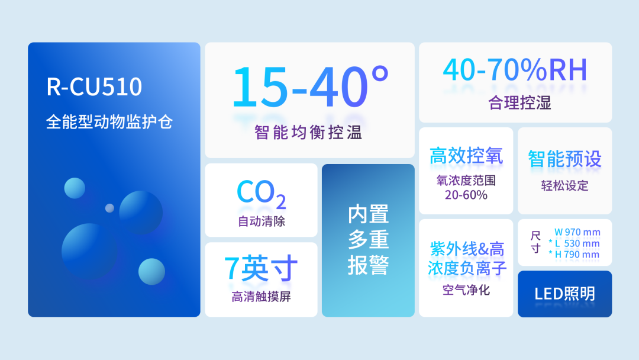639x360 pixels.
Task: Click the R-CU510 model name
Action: pyautogui.click(x=94, y=86)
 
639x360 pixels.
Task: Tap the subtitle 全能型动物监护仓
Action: pyautogui.click(x=109, y=121)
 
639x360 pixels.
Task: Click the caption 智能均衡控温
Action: pyautogui.click(x=308, y=132)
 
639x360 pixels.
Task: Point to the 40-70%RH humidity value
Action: pyautogui.click(x=515, y=70)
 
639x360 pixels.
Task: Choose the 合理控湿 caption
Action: pyautogui.click(x=519, y=103)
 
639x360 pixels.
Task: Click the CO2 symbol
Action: pyautogui.click(x=262, y=194)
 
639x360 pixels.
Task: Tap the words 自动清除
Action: pyautogui.click(x=262, y=221)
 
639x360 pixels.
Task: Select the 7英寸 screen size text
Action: pyautogui.click(x=261, y=268)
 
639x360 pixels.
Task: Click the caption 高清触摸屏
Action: pyautogui.click(x=262, y=297)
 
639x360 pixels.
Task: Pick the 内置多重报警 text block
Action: pyautogui.click(x=368, y=240)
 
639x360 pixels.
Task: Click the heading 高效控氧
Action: pyautogui.click(x=466, y=156)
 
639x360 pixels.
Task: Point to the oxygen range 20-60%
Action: pyautogui.click(x=466, y=195)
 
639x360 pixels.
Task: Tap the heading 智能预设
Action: pyautogui.click(x=565, y=159)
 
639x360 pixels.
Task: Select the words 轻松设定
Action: pyautogui.click(x=565, y=186)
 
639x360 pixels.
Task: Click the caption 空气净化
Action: pyautogui.click(x=466, y=290)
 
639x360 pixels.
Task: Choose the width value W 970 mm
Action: pyautogui.click(x=577, y=232)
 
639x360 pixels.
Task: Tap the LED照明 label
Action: pyautogui.click(x=565, y=294)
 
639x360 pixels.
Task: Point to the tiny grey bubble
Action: pyautogui.click(x=109, y=208)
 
